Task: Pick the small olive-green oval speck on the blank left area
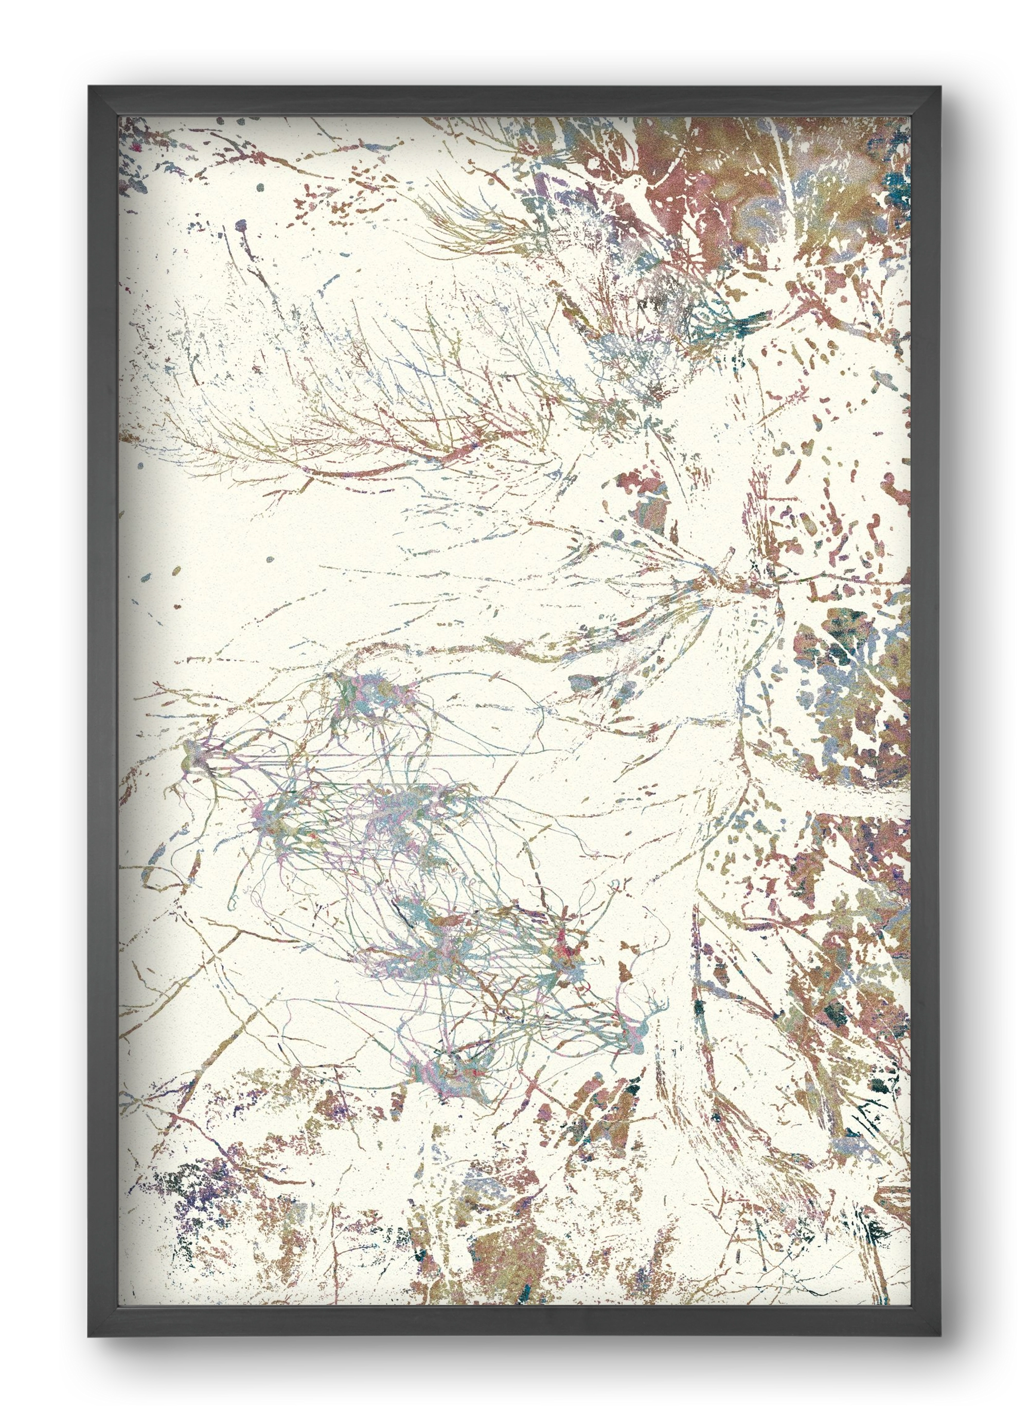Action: click(x=178, y=571)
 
